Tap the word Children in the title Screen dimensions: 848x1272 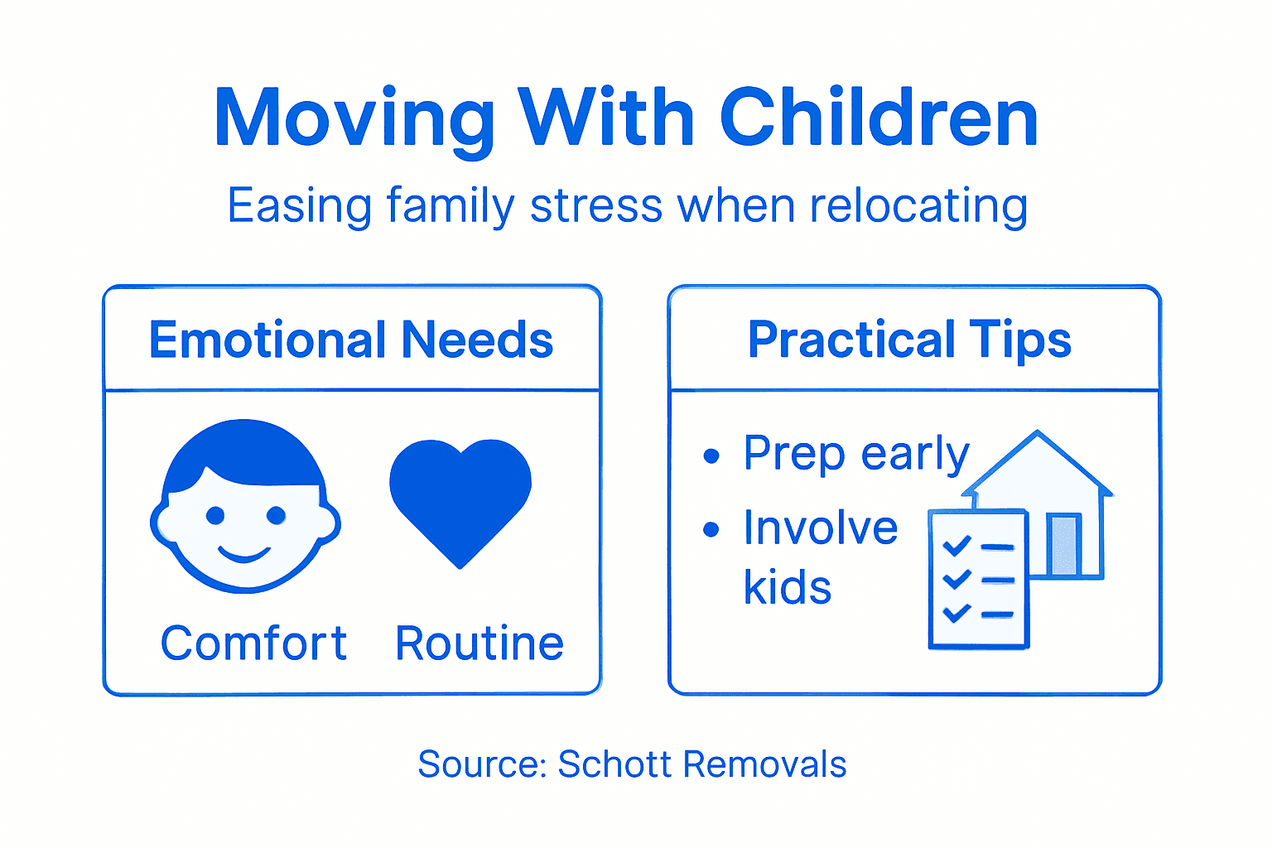[x=879, y=118]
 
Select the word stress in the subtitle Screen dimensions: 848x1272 [x=596, y=205]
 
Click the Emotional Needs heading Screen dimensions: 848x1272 [x=351, y=340]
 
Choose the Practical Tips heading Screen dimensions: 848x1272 [x=909, y=340]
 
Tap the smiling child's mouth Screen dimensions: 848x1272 [x=243, y=553]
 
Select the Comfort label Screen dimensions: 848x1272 [x=253, y=643]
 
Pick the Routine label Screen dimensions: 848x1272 [x=479, y=643]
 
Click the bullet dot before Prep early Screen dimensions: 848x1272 [x=711, y=456]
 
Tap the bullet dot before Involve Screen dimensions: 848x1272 [x=711, y=530]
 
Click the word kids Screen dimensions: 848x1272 [x=787, y=588]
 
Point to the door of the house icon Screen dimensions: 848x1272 [x=1064, y=544]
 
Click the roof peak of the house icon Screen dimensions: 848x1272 [x=1037, y=434]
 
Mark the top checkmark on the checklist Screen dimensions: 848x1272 [x=956, y=545]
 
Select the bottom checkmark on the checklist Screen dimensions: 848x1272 [x=956, y=613]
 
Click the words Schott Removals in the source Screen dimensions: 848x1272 [x=702, y=764]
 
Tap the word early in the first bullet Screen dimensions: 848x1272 [x=915, y=454]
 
